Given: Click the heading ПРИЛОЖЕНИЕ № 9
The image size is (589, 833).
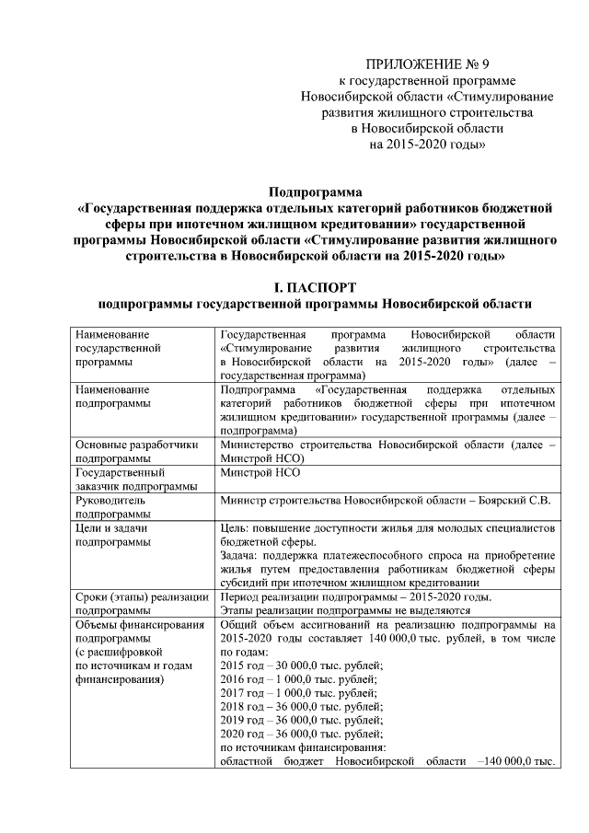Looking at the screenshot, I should [x=427, y=64].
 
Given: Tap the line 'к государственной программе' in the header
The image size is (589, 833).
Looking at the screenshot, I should [x=427, y=81].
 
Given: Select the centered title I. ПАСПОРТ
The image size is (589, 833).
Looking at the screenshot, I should [x=315, y=288].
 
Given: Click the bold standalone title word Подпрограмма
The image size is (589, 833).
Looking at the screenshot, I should [x=315, y=192].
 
